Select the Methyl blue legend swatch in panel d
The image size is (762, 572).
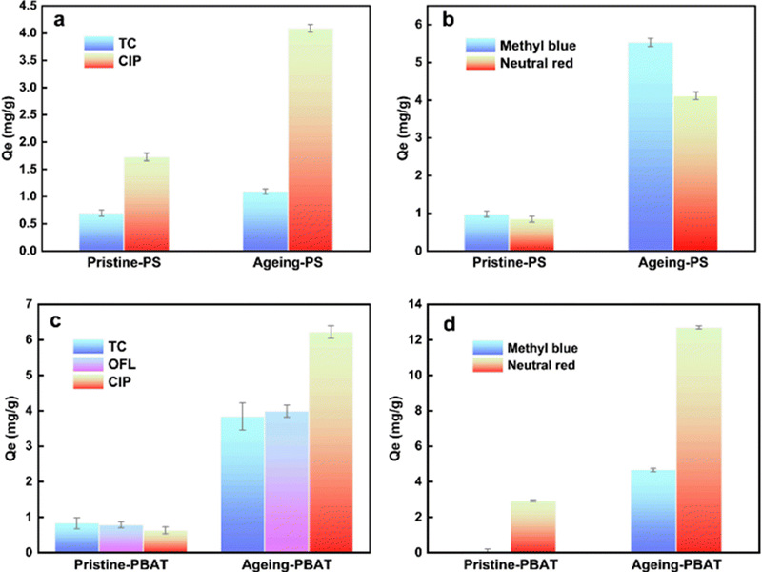[x=488, y=348]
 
